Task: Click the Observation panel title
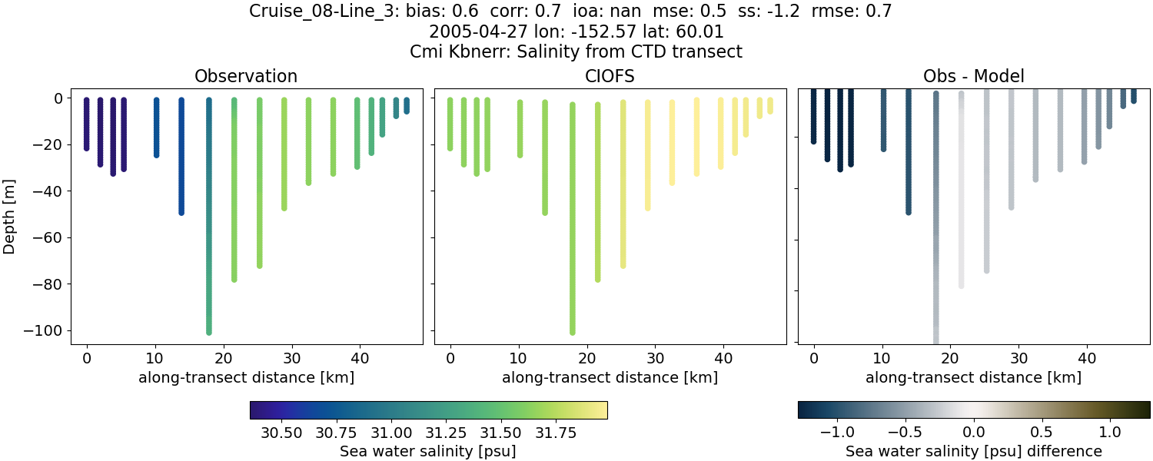[246, 76]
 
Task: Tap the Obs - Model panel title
[973, 76]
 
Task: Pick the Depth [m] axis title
[10, 214]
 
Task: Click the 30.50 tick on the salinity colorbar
[281, 433]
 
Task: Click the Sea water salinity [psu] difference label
[973, 451]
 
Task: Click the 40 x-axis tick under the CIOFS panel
[723, 357]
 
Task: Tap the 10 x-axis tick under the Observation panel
[155, 357]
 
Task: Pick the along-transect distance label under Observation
[246, 377]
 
